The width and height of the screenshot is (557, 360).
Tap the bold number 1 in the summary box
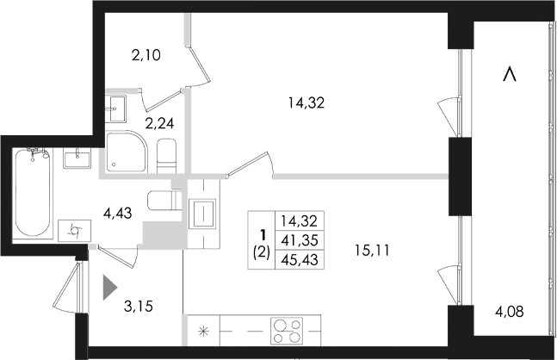(262, 233)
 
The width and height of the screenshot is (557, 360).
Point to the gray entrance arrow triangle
(108, 286)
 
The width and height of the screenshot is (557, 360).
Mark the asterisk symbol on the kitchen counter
(203, 331)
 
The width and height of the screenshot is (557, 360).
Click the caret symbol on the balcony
(511, 76)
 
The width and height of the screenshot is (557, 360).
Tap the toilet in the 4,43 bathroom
(162, 201)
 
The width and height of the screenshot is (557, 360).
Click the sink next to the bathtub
(79, 158)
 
